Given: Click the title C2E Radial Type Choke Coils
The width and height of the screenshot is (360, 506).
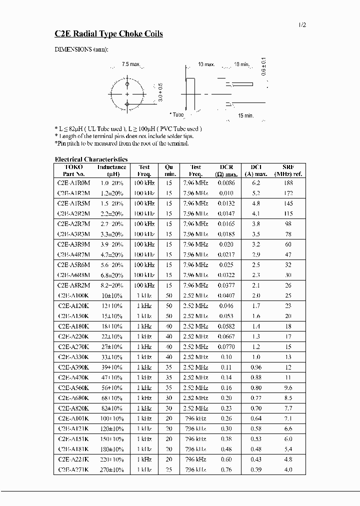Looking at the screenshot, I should point(108,34).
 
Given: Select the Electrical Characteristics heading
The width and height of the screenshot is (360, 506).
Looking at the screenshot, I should point(91,159).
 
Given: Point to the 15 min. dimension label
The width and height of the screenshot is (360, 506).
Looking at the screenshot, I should point(245,115).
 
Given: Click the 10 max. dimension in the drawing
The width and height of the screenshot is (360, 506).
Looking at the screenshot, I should point(206,64).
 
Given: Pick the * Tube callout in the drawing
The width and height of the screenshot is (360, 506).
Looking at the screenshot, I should point(176,114).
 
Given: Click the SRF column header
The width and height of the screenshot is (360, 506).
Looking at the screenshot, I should point(288,167).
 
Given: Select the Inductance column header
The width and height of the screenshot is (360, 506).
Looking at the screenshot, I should point(111,167).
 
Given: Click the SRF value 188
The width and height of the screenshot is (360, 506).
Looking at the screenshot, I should point(288,183).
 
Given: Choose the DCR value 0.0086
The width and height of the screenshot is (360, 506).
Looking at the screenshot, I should point(225,183).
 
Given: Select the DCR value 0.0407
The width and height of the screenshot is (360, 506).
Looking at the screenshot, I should point(225,295).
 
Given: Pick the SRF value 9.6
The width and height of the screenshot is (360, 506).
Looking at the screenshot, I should point(288,387).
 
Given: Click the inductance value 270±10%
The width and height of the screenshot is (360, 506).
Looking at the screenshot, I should point(111,469).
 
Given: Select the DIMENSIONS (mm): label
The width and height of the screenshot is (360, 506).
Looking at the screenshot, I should point(80,49).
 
